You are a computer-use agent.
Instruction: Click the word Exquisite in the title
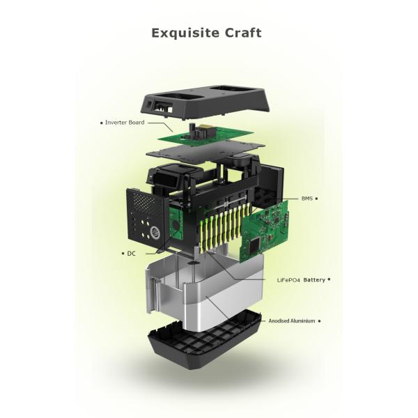pyautogui.click(x=185, y=33)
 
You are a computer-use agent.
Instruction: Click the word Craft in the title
pyautogui.click(x=243, y=33)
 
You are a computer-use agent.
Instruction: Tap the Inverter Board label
pyautogui.click(x=125, y=123)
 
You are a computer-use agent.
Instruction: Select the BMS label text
pyautogui.click(x=307, y=199)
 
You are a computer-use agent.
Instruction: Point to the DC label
pyautogui.click(x=132, y=254)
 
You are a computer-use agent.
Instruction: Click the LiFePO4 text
pyautogui.click(x=288, y=280)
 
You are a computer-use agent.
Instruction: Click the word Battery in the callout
pyautogui.click(x=314, y=280)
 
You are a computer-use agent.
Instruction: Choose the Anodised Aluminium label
pyautogui.click(x=292, y=321)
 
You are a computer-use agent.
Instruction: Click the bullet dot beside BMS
pyautogui.click(x=316, y=199)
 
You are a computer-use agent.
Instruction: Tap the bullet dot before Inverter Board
pyautogui.click(x=101, y=123)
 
